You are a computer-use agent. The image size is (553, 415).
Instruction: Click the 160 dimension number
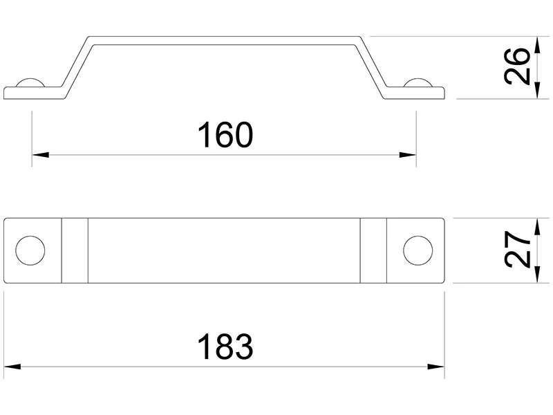pyautogui.click(x=225, y=134)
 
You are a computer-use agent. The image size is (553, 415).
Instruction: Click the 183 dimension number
pyautogui.click(x=225, y=347)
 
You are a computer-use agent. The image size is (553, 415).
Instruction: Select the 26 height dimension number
pyautogui.click(x=517, y=66)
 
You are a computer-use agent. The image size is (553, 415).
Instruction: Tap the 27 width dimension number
pyautogui.click(x=517, y=250)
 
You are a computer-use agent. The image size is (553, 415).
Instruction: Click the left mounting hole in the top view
pyautogui.click(x=30, y=250)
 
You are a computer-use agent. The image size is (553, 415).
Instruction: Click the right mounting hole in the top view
pyautogui.click(x=418, y=250)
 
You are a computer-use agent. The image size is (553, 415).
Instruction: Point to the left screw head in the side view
pyautogui.click(x=30, y=82)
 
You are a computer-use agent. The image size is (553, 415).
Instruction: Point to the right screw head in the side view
pyautogui.click(x=418, y=82)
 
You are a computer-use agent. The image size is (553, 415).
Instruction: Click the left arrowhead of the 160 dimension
pyautogui.click(x=40, y=154)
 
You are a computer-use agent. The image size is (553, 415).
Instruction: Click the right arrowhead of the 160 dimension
pyautogui.click(x=408, y=154)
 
